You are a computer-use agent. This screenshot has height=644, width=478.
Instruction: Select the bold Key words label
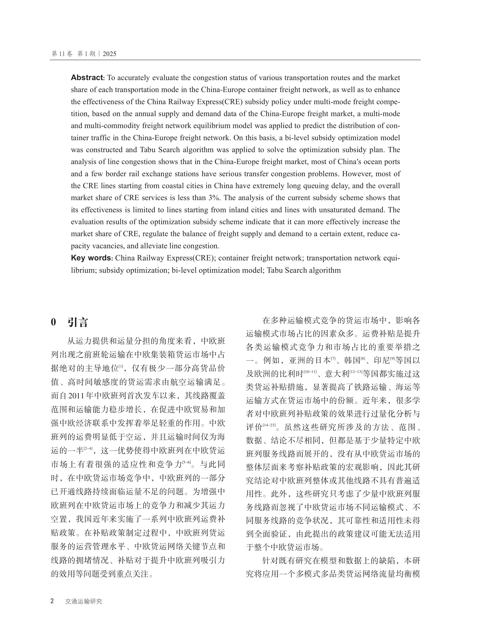pos(91,258)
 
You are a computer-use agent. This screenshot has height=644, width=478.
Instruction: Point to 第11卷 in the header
pos(62,54)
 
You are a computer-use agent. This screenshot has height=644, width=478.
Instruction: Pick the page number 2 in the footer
pos(52,601)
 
